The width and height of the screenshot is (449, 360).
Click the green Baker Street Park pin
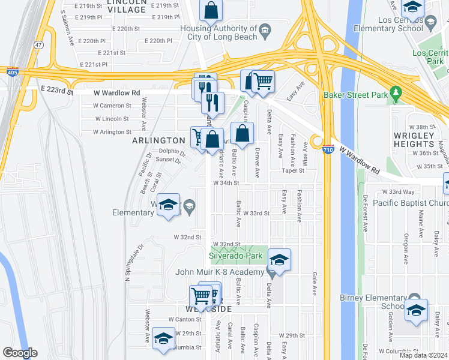click(x=394, y=94)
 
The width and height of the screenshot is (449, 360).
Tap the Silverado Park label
click(x=236, y=256)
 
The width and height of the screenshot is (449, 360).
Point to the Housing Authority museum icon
click(x=265, y=30)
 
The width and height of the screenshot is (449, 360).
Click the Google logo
click(x=20, y=353)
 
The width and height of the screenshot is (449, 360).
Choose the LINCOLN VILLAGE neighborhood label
click(x=127, y=5)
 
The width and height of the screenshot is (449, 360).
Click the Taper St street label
click(x=294, y=170)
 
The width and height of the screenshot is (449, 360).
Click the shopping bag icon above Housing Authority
click(x=211, y=10)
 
